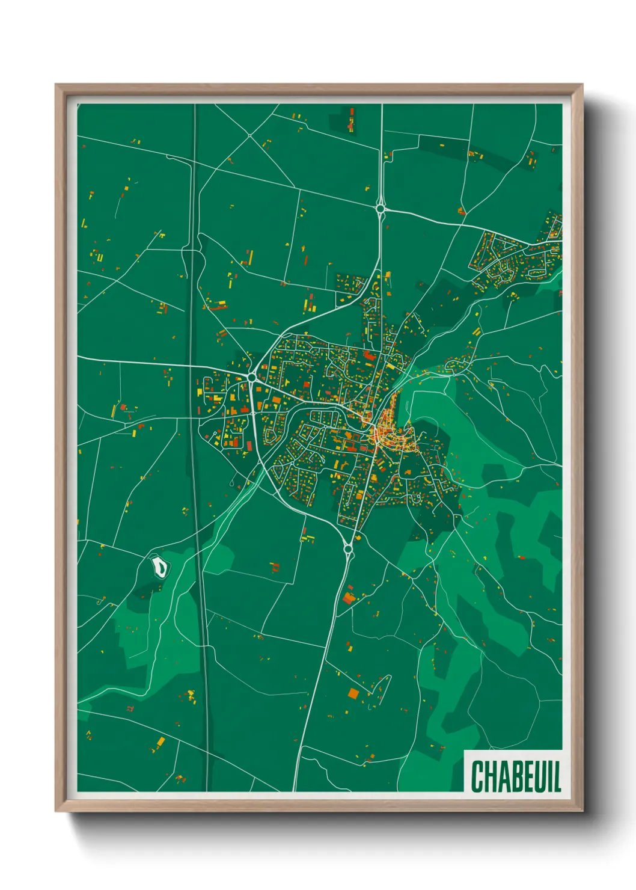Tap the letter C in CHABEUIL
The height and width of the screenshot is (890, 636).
tap(477, 776)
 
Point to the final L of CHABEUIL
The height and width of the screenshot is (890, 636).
tap(557, 776)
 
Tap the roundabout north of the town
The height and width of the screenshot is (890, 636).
tap(381, 209)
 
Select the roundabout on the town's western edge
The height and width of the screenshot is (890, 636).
tap(251, 377)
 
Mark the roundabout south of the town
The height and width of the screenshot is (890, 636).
tap(347, 548)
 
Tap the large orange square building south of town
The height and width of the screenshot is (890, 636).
tap(353, 693)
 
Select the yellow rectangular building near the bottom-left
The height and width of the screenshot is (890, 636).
tap(161, 740)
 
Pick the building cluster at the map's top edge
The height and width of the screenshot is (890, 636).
tap(351, 118)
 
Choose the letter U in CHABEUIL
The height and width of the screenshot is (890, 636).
tap(538, 776)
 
